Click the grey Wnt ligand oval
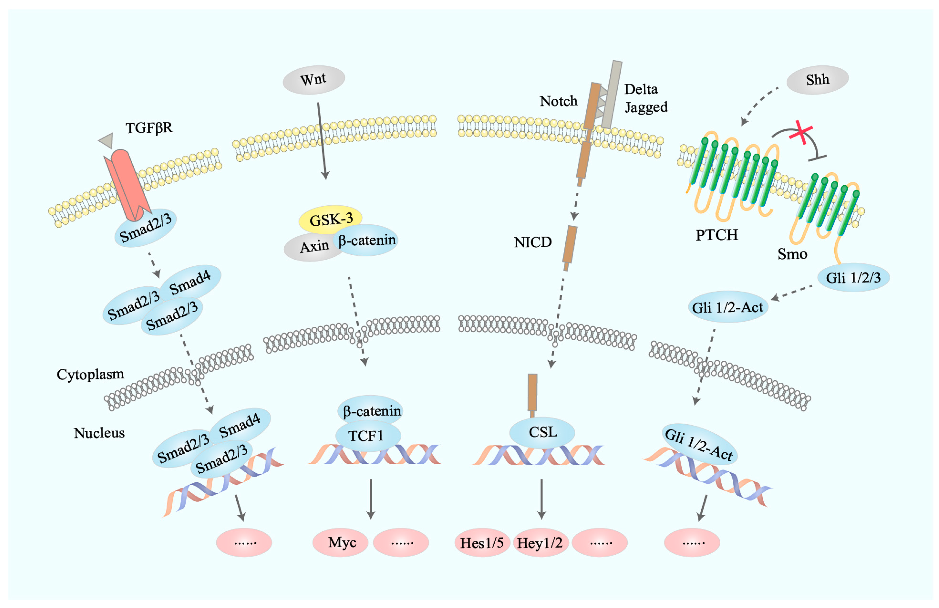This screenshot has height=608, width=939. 314,80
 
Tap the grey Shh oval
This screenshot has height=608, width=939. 817,80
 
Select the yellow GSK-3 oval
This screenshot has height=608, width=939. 330,219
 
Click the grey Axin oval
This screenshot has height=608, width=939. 312,248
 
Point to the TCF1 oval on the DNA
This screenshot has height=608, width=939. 367,436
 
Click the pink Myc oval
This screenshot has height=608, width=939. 341,543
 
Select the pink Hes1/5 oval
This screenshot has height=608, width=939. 482,543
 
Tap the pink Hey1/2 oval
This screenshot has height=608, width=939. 539,543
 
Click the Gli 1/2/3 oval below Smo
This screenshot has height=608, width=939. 853,278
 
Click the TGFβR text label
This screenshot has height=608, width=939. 149,128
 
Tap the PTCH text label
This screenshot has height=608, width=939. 717,235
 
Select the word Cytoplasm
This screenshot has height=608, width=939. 90,374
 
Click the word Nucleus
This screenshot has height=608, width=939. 99,433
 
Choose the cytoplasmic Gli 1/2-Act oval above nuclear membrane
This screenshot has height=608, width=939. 728,307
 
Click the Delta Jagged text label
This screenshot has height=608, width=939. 645,98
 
